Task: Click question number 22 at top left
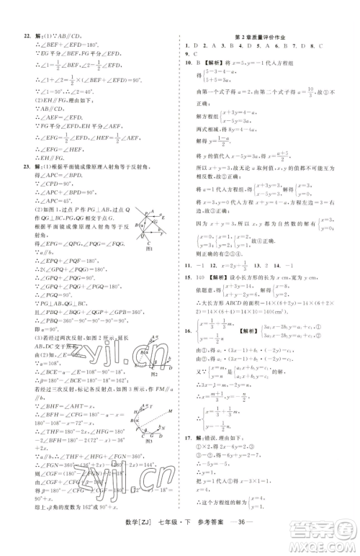click(25, 36)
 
